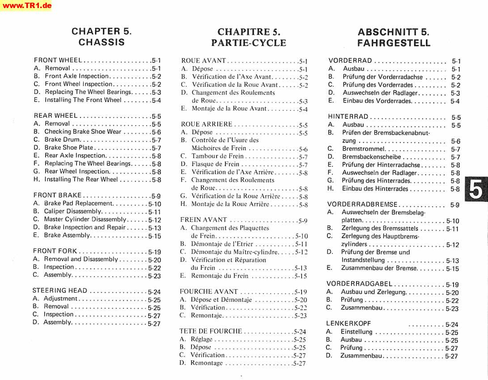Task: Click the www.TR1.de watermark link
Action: [x=26, y=5]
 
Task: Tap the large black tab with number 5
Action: [x=476, y=190]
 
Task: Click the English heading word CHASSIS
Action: [x=102, y=42]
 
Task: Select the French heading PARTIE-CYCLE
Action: [x=249, y=43]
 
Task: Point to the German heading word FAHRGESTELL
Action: [x=394, y=43]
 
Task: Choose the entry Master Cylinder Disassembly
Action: [x=85, y=220]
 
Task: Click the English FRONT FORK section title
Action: [x=55, y=251]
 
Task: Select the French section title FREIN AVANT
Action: [x=204, y=220]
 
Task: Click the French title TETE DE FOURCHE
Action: [x=211, y=331]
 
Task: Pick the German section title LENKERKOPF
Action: [x=348, y=323]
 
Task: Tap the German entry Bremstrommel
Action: [x=364, y=149]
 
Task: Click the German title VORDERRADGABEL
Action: [x=360, y=284]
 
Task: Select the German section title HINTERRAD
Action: [x=348, y=117]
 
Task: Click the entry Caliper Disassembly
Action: [x=73, y=211]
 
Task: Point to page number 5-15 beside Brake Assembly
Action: [x=155, y=236]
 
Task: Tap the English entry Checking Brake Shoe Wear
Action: [x=83, y=132]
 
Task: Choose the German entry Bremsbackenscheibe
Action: [x=372, y=157]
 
